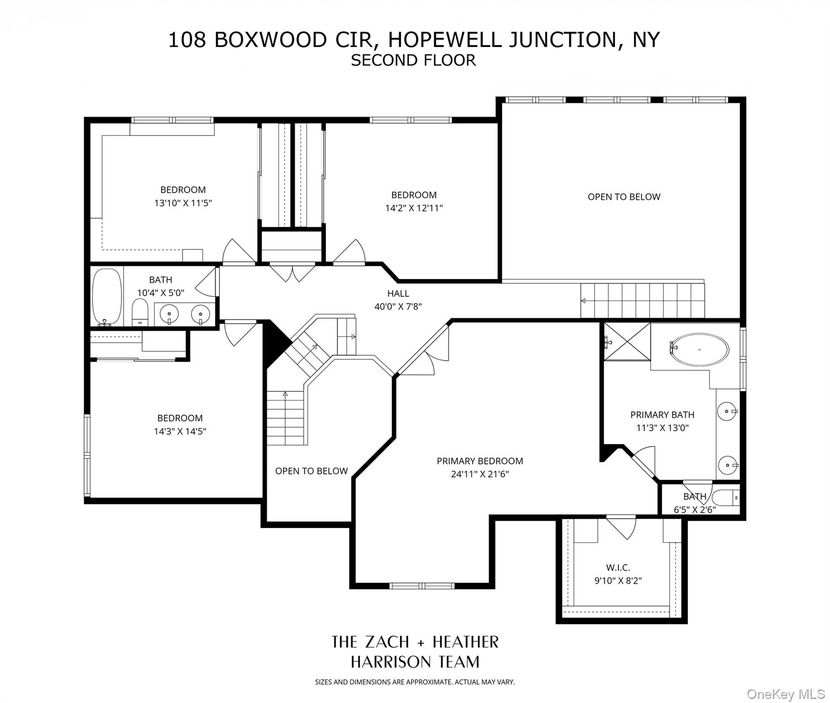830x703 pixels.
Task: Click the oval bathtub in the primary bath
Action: pos(699,350)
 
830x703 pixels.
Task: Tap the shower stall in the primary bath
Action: pos(627,341)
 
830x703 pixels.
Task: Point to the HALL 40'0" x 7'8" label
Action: pos(398,300)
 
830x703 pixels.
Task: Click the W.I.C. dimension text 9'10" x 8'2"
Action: pos(618,581)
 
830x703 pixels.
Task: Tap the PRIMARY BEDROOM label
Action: pos(480,461)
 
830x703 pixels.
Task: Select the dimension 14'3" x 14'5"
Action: pos(180,431)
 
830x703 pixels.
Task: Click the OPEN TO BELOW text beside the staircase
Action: pos(311,471)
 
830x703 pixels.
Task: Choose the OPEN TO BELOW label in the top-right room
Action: pos(624,197)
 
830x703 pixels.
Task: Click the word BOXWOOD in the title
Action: pos(270,40)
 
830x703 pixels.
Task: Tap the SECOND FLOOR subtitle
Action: pos(413,60)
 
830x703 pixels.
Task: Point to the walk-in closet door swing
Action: pos(621,526)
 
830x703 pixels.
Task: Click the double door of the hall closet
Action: pos(292,272)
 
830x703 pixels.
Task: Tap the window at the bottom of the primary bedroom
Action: pos(421,585)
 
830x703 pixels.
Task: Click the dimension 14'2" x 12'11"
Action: pos(414,208)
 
